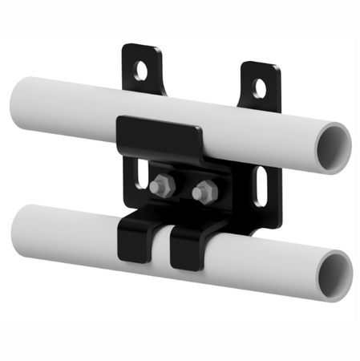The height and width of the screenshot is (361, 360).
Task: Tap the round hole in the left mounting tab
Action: point(143,71)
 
